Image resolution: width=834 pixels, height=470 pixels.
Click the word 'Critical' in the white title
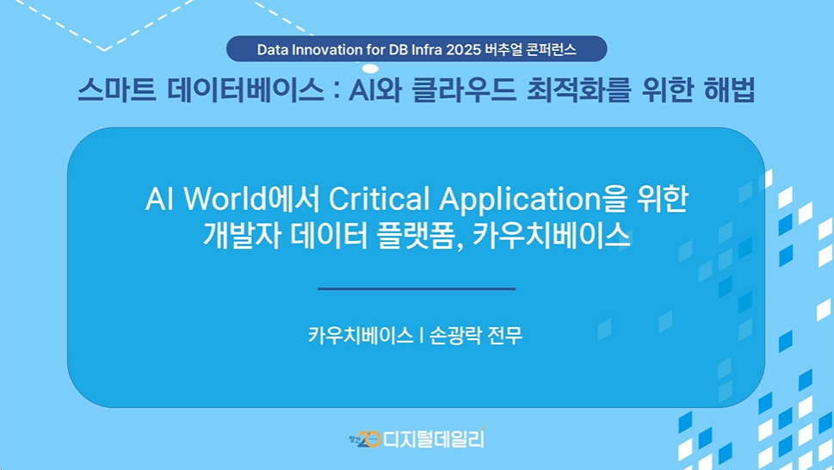click(379, 200)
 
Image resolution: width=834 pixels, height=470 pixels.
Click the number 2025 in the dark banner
click(463, 49)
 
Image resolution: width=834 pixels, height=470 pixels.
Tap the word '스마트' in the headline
click(116, 90)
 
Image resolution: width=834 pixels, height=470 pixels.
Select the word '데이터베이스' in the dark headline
click(245, 90)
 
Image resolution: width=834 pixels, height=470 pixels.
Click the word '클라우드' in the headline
click(464, 90)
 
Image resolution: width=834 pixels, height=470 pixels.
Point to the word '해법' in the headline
click(729, 90)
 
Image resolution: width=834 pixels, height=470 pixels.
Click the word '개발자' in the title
click(242, 234)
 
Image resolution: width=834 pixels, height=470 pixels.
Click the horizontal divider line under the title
click(417, 288)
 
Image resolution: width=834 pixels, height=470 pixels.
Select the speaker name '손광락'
click(455, 336)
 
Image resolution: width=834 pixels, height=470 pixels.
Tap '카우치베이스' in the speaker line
click(361, 336)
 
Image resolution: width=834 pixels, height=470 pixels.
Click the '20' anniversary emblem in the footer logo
click(368, 439)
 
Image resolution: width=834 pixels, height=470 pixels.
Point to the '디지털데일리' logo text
click(434, 439)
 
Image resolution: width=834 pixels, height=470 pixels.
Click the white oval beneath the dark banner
click(370, 69)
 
